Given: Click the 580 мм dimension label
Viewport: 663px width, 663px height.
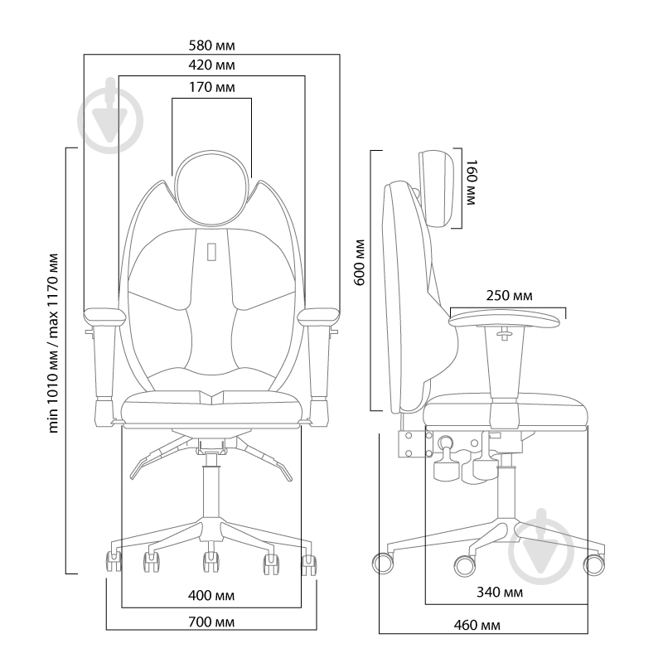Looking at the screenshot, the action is tap(211, 46).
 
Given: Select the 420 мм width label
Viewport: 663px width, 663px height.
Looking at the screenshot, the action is tap(211, 65).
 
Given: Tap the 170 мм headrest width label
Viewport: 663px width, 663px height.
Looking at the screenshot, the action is tap(211, 88).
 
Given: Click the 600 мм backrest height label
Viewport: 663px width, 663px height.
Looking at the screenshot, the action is tap(360, 263).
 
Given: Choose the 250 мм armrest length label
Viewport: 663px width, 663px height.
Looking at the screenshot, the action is tap(509, 296).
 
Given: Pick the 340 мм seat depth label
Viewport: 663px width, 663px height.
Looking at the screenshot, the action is tap(500, 593).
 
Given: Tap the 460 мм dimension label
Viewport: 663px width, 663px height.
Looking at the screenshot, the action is tap(477, 625).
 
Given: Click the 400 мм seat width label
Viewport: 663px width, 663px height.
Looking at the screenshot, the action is tap(211, 596).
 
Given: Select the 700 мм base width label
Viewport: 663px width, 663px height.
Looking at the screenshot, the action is tap(211, 622).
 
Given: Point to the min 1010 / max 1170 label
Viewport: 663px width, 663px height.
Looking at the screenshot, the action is tap(52, 343).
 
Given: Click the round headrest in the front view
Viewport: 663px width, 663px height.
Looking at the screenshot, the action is tap(211, 188).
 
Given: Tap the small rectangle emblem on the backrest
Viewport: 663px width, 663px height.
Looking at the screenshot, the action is tap(211, 252).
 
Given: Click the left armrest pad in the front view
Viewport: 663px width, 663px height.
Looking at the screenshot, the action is tap(105, 317).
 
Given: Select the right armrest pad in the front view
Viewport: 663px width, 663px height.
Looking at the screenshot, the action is tap(318, 317).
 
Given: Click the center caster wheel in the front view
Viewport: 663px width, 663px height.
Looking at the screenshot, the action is tap(211, 562).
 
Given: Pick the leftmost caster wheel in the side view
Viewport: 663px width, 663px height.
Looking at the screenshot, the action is tap(383, 564).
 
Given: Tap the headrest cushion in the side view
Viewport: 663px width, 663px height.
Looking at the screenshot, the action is tap(437, 189).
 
